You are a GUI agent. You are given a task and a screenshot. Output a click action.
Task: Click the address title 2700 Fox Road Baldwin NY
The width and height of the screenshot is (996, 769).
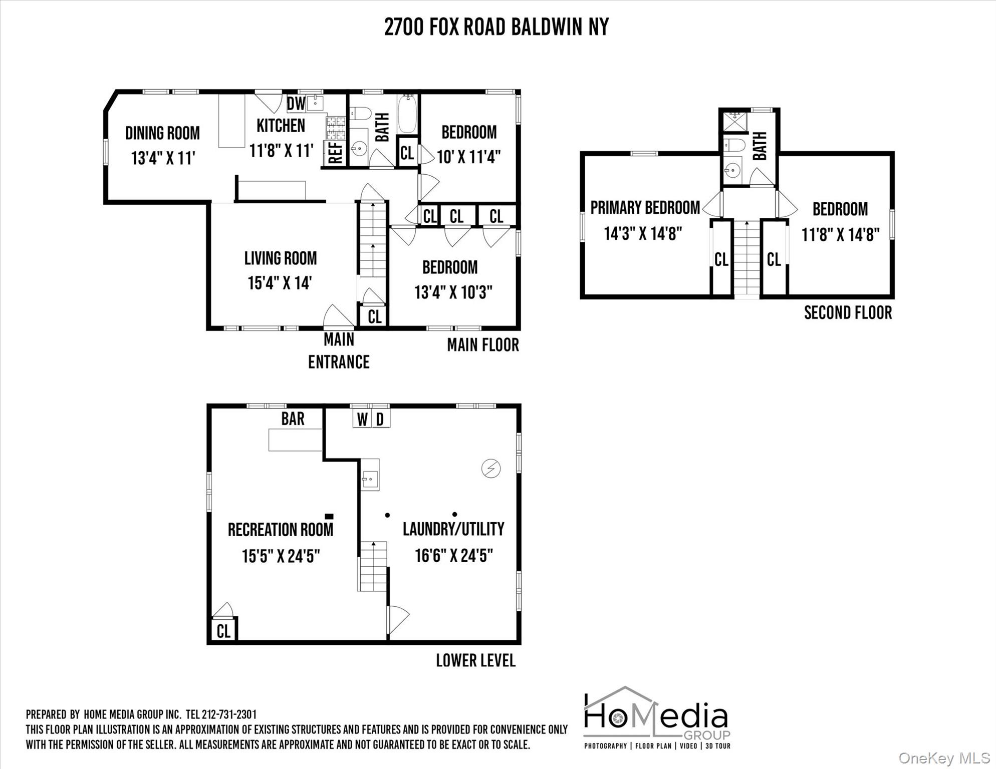tap(496, 27)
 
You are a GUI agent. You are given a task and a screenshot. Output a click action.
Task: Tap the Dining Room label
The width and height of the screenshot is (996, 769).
tap(162, 133)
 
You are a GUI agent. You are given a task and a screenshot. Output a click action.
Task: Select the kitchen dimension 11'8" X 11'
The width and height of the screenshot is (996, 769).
tap(281, 150)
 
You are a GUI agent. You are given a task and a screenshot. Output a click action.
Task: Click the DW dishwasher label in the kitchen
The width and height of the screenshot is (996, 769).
tap(296, 104)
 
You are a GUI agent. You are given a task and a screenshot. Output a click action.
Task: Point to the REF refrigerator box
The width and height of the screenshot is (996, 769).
tap(335, 153)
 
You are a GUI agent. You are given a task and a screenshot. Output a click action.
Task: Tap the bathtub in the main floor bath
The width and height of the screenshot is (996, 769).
tap(408, 115)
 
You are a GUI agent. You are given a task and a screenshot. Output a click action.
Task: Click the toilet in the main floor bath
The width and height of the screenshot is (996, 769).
tap(360, 114)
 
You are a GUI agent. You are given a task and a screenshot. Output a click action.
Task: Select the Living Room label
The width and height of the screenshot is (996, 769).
tap(281, 258)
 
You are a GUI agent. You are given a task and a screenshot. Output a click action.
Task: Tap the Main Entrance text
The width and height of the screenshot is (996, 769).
tap(339, 350)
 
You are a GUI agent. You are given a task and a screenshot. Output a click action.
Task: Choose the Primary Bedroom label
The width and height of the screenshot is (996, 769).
tap(645, 208)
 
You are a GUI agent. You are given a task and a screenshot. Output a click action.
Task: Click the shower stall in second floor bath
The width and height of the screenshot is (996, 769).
tap(734, 122)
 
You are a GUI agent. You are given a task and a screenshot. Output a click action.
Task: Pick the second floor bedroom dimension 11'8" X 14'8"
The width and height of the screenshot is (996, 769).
tap(840, 234)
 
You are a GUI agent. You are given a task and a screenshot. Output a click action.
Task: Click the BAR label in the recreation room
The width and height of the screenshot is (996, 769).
tap(293, 419)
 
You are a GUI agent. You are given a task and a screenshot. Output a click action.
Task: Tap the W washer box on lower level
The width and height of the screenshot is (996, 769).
tap(362, 419)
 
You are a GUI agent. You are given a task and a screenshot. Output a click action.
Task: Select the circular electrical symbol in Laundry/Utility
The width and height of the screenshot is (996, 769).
tap(491, 468)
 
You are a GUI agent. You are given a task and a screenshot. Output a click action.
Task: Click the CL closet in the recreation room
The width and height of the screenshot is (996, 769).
tap(223, 631)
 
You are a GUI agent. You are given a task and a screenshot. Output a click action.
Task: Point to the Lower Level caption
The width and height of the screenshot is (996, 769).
tap(475, 660)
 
